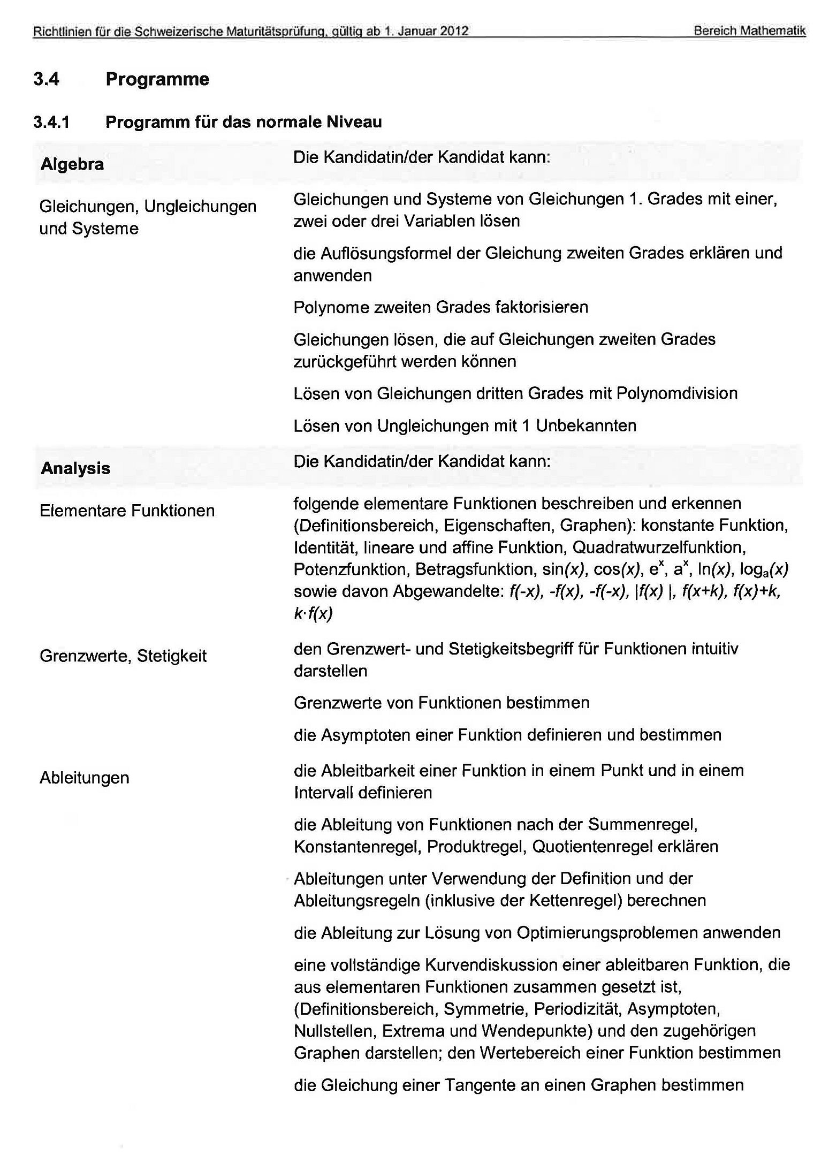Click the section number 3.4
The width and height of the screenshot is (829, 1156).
[46, 79]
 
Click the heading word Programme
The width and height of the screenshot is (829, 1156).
[157, 79]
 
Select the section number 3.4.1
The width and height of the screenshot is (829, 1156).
[51, 122]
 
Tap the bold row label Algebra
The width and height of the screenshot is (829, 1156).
[72, 164]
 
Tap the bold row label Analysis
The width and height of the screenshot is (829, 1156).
[75, 468]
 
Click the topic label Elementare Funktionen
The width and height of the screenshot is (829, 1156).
[127, 511]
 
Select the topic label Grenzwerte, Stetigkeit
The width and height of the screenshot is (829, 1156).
[123, 656]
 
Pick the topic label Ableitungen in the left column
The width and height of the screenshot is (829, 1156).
[85, 778]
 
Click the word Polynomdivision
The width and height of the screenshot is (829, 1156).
[676, 393]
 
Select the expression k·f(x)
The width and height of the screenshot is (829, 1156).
[313, 613]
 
